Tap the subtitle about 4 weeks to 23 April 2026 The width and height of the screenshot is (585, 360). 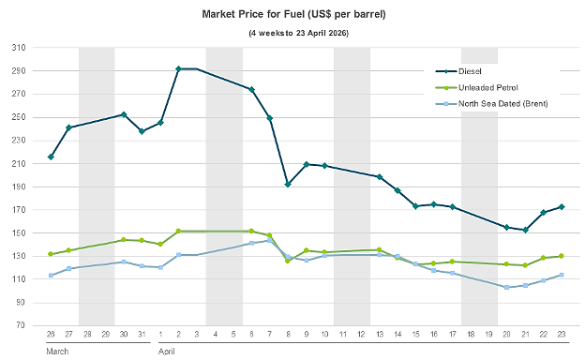[298, 33]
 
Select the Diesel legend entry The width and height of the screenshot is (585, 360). [458, 71]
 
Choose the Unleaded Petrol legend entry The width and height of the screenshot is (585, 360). [477, 88]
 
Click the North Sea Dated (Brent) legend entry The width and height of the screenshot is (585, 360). [492, 104]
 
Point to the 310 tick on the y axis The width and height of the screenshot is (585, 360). [19, 48]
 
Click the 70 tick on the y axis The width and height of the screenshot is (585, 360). [21, 325]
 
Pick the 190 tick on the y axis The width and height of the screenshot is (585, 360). [19, 187]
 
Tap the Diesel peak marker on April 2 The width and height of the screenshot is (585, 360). [178, 69]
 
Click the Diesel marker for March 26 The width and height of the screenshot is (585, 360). [51, 157]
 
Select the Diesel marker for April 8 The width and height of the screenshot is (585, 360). [288, 185]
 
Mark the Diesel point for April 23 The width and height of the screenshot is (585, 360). [562, 206]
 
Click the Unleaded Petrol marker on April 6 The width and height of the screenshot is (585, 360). [251, 232]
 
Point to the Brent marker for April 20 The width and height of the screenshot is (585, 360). [506, 288]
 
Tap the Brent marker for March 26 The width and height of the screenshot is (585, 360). [51, 276]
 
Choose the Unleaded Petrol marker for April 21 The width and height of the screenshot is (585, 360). [525, 265]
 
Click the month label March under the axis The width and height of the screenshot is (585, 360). [57, 352]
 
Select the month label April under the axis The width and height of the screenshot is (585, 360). [166, 352]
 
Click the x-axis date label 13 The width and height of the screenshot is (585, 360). [380, 335]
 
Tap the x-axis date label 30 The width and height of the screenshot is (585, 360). [124, 335]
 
